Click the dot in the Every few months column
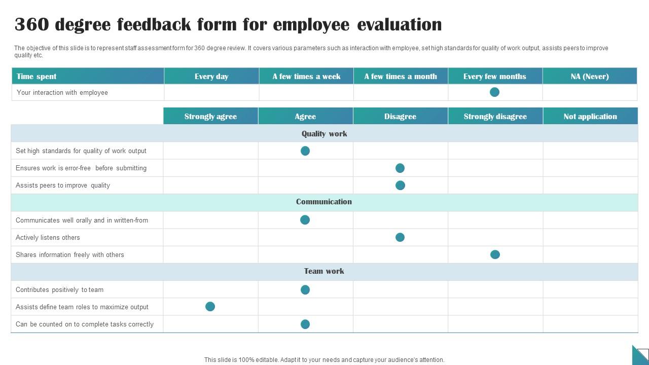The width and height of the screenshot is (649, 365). point(494,92)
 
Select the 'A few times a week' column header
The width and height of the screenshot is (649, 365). point(306,77)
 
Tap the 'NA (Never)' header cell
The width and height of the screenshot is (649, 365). point(590,77)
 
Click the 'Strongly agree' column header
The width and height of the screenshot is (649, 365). point(210,116)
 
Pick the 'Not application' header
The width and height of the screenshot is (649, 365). point(590,116)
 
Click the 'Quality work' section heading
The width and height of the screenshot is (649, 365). point(324,134)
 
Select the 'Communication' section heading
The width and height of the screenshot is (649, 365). point(324,202)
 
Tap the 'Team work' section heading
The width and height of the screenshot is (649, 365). point(324,271)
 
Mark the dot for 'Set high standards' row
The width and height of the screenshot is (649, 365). point(305,151)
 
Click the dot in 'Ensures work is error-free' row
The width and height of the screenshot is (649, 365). point(400,168)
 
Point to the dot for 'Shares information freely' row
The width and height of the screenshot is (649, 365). point(495,254)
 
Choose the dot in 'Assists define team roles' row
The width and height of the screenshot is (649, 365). point(210,307)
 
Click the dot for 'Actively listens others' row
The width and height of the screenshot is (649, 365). point(400,237)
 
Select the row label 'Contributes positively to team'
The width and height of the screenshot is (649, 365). point(59,290)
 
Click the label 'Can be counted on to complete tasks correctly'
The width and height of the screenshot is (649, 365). point(84,324)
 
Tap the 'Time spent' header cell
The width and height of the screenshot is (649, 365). point(37,77)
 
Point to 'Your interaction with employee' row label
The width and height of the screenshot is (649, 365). point(62,92)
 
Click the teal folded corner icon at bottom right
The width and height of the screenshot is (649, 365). point(640,354)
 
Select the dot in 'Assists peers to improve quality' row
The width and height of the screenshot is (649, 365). point(400,185)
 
